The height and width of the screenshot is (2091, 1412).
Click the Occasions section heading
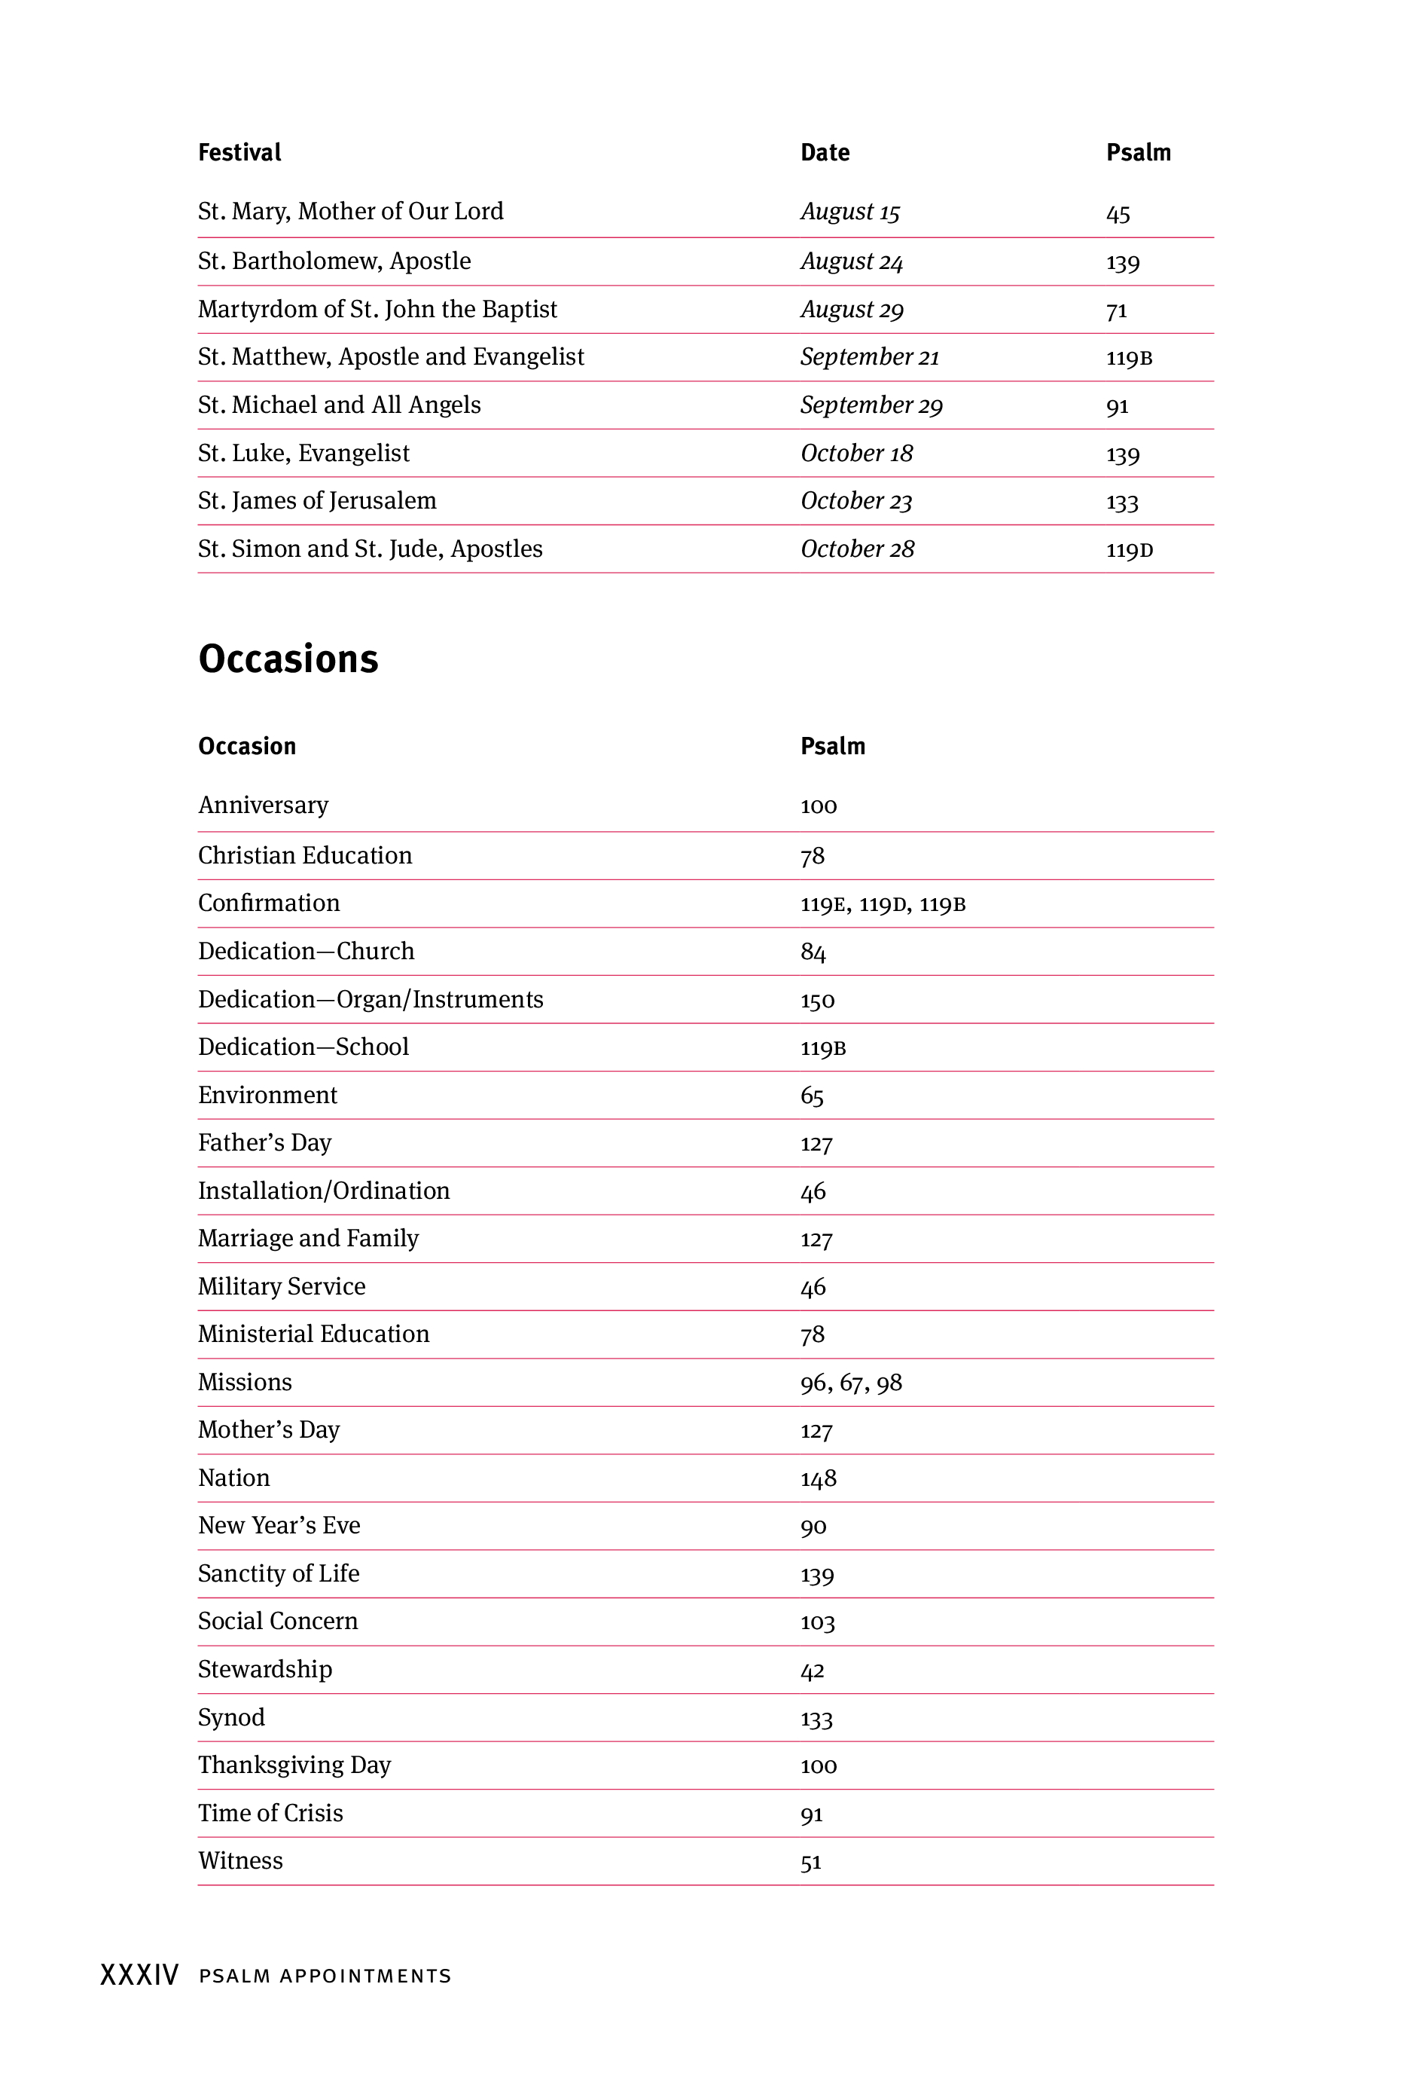pyautogui.click(x=288, y=659)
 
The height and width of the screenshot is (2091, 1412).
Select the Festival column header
pyautogui.click(x=239, y=153)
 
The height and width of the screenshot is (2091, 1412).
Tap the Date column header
pyautogui.click(x=825, y=153)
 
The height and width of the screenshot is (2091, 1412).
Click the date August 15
pyautogui.click(x=850, y=212)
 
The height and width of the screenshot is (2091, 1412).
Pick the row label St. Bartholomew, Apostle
pyautogui.click(x=334, y=261)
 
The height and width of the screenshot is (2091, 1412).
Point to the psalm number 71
pyautogui.click(x=1116, y=311)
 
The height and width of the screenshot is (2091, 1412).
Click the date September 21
pyautogui.click(x=870, y=357)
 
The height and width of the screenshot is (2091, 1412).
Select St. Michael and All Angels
pyautogui.click(x=339, y=405)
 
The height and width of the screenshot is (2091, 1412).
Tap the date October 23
pyautogui.click(x=856, y=501)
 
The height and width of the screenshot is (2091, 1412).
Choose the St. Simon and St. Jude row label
pyautogui.click(x=370, y=549)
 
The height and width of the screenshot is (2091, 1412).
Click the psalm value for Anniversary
pyautogui.click(x=819, y=806)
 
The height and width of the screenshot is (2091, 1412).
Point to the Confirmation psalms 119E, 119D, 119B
pyautogui.click(x=883, y=904)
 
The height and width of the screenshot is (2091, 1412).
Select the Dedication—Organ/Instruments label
pyautogui.click(x=371, y=1000)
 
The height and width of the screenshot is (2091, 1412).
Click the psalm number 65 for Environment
pyautogui.click(x=812, y=1096)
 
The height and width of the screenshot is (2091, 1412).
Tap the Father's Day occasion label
pyautogui.click(x=264, y=1142)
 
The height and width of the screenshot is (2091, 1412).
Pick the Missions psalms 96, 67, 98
pyautogui.click(x=851, y=1383)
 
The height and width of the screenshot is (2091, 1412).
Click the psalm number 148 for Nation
pyautogui.click(x=819, y=1478)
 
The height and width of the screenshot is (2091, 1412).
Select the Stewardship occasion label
pyautogui.click(x=264, y=1669)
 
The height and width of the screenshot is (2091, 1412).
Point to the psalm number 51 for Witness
pyautogui.click(x=811, y=1862)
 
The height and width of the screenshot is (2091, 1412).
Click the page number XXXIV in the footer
pyautogui.click(x=139, y=1975)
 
